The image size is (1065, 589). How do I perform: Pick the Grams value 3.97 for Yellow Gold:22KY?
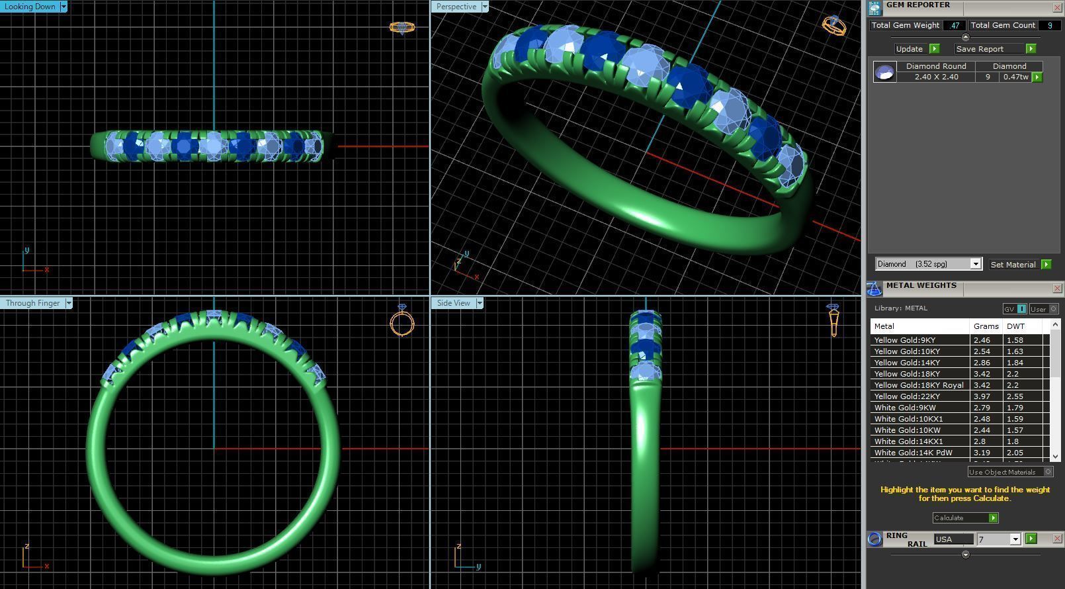coord(982,396)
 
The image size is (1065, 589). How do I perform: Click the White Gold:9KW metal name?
coord(904,408)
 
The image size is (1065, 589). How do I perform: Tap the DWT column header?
coord(1015,326)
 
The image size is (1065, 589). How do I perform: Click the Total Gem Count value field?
coord(1049,25)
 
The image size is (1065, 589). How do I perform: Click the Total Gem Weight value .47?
coord(954,25)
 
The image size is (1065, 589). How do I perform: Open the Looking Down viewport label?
coord(30,7)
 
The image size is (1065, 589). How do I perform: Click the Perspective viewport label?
coord(456,7)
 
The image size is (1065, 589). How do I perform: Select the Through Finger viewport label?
coord(33,303)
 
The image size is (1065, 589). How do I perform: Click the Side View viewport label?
coord(453,303)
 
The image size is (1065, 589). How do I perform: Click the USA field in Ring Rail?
coord(953,539)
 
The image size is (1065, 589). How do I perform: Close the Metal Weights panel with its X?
coord(1057,288)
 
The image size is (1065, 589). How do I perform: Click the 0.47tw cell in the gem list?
coord(1015,77)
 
